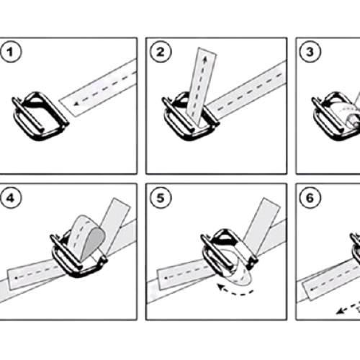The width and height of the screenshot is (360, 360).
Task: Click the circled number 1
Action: coord(11,52)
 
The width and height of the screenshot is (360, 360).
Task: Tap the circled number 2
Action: coord(161,52)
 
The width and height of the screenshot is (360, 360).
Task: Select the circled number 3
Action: coord(310,52)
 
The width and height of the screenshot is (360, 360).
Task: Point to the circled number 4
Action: coord(11,198)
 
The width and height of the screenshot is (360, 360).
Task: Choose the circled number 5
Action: coord(161,198)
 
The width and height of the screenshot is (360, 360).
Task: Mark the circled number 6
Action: coord(310,198)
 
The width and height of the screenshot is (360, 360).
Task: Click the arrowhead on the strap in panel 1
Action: coord(76,104)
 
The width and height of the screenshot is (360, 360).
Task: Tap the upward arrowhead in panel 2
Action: coord(204,59)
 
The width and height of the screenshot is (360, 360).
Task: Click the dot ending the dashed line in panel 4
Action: coord(17,278)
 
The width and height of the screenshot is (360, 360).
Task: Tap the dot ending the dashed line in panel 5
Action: coord(166,279)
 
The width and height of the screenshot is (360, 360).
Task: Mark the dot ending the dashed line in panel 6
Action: coord(312,289)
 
